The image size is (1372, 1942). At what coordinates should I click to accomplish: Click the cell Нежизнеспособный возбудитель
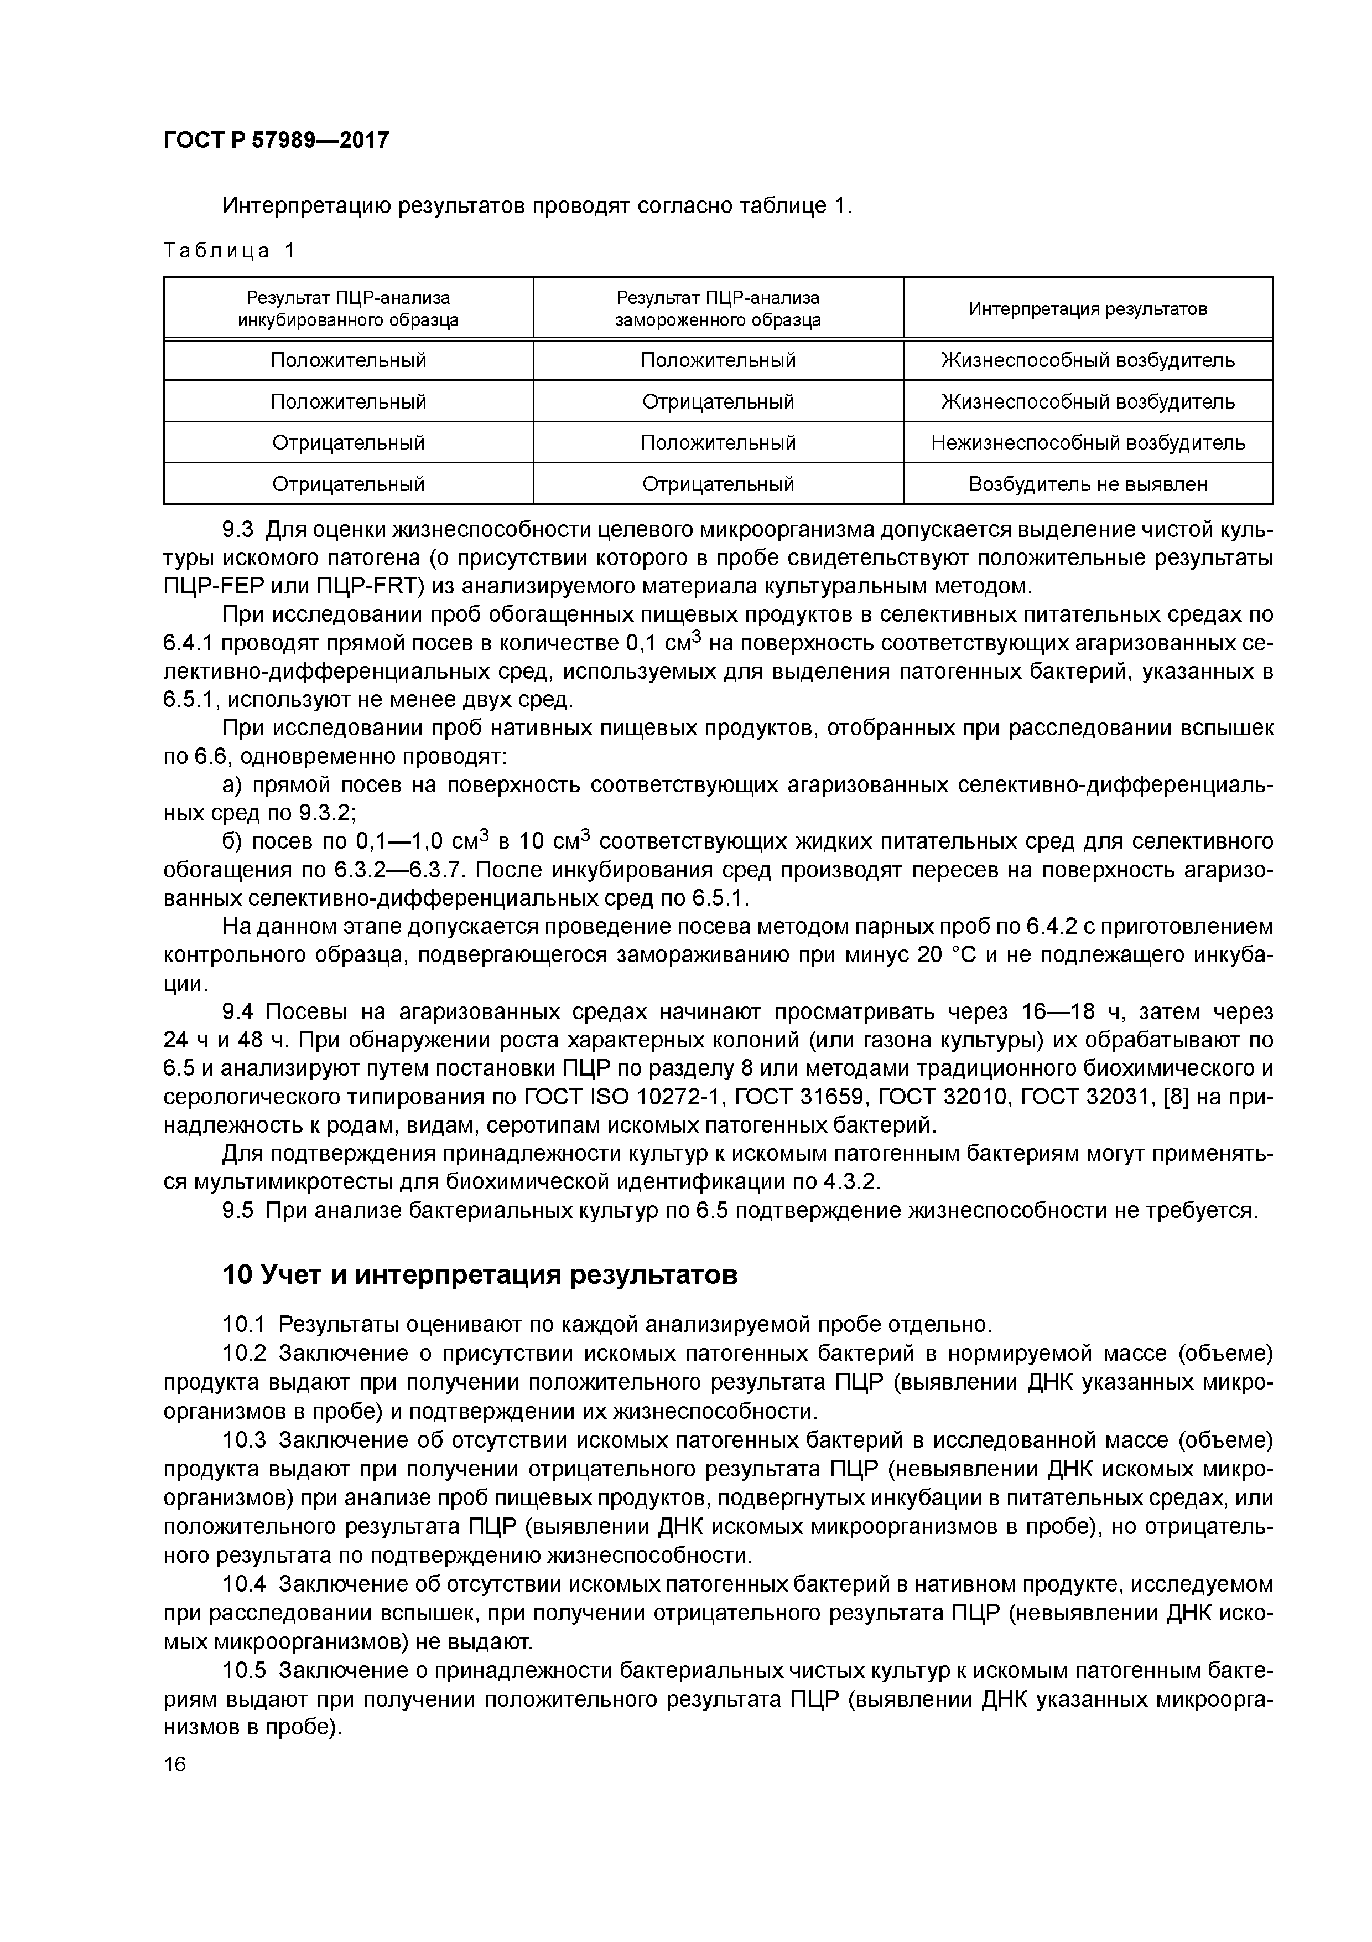point(1088,442)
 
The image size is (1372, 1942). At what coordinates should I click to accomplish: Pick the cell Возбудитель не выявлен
point(1088,484)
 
